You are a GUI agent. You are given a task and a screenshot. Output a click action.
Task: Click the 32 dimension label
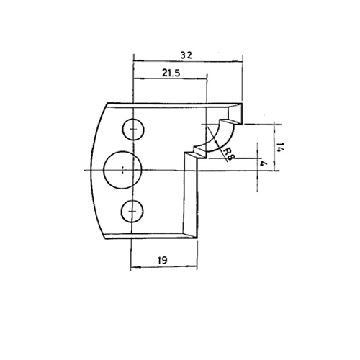click(186, 55)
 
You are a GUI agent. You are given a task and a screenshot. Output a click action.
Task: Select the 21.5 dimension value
click(171, 73)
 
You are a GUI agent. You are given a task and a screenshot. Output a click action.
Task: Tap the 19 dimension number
click(163, 260)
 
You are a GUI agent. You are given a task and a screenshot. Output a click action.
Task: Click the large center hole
click(122, 170)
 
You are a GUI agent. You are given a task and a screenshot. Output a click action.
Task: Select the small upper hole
click(133, 130)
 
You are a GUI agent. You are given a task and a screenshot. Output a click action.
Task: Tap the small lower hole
click(132, 211)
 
